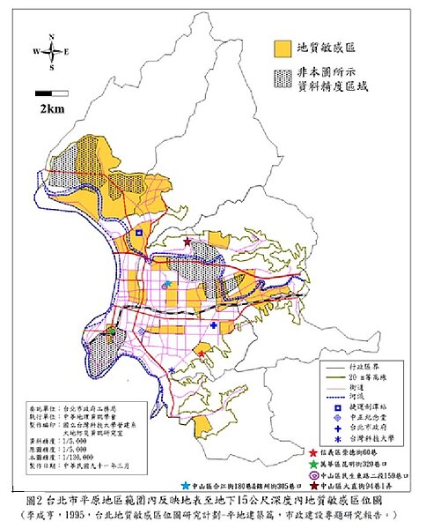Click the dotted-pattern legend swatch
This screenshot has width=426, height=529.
[x=283, y=80]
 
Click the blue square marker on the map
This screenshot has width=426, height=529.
[x=138, y=233]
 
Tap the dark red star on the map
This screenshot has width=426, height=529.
[x=187, y=242]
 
